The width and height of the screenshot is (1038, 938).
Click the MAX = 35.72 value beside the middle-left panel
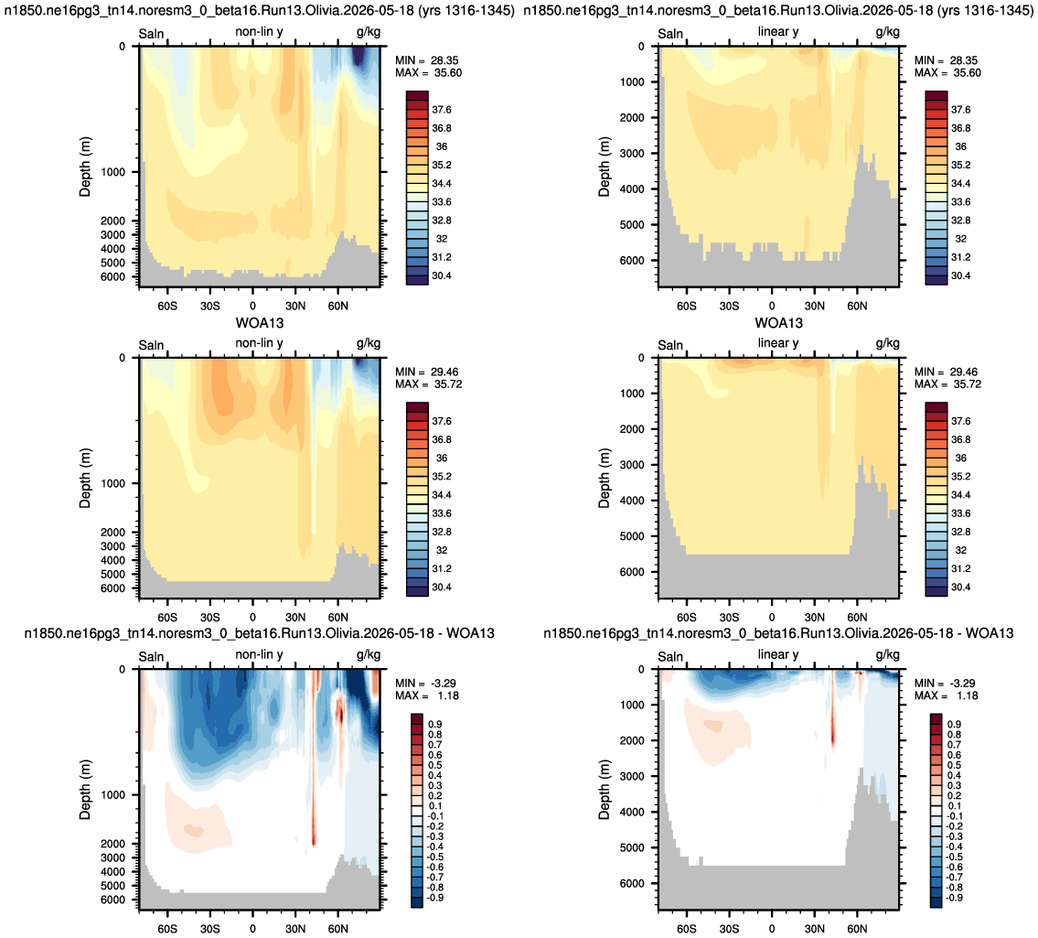pos(428,384)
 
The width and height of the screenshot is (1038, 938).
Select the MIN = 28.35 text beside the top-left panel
pos(426,60)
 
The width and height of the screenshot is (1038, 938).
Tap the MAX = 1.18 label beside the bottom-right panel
pos(946,695)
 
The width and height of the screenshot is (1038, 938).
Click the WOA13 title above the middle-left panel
pos(260,323)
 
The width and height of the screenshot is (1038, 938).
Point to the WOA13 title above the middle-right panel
pos(778,323)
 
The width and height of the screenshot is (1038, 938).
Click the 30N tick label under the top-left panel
pos(295,306)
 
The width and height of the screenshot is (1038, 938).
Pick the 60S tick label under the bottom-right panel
pos(687,929)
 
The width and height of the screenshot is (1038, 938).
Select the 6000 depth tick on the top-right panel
pos(632,261)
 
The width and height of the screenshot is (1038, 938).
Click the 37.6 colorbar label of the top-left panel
pos(442,110)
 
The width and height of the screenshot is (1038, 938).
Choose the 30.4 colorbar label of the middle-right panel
pos(960,588)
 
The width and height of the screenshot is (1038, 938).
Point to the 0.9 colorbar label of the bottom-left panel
pos(435,724)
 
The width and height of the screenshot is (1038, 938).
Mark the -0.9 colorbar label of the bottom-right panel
pos(953,898)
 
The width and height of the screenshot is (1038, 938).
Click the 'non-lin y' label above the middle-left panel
pos(259,343)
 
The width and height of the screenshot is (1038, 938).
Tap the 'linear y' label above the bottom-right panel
pos(778,654)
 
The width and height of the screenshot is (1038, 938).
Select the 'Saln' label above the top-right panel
pos(670,34)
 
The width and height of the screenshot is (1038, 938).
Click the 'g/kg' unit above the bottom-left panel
pos(368,655)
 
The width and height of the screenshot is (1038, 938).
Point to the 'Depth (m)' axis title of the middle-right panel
pos(604,479)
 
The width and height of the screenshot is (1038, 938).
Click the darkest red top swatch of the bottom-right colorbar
pos(936,719)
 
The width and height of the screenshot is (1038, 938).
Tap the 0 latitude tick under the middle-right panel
pos(772,618)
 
